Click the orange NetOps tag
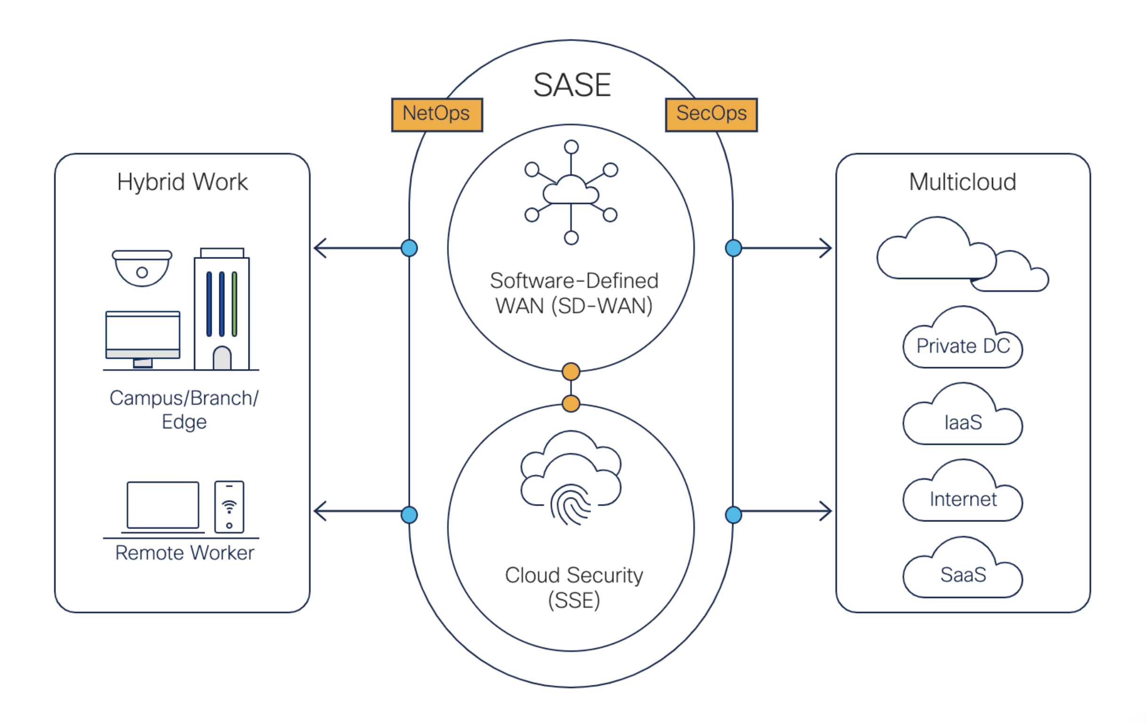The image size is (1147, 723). click(x=437, y=115)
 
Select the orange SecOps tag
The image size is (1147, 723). click(x=711, y=115)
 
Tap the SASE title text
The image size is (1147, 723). click(x=572, y=85)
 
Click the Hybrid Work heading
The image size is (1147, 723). click(x=183, y=182)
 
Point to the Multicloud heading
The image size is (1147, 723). click(x=963, y=182)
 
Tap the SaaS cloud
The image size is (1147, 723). click(x=963, y=574)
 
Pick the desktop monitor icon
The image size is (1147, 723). click(x=143, y=337)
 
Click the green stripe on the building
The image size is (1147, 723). click(x=234, y=304)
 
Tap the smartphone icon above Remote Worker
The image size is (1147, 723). click(x=229, y=506)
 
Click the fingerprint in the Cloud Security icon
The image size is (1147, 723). click(x=571, y=504)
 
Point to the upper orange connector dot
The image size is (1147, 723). click(x=571, y=371)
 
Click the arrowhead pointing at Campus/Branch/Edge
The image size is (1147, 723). click(x=320, y=249)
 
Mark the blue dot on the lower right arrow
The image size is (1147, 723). click(x=733, y=515)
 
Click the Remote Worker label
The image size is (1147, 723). click(x=185, y=553)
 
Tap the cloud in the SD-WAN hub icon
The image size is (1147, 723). click(x=571, y=191)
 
